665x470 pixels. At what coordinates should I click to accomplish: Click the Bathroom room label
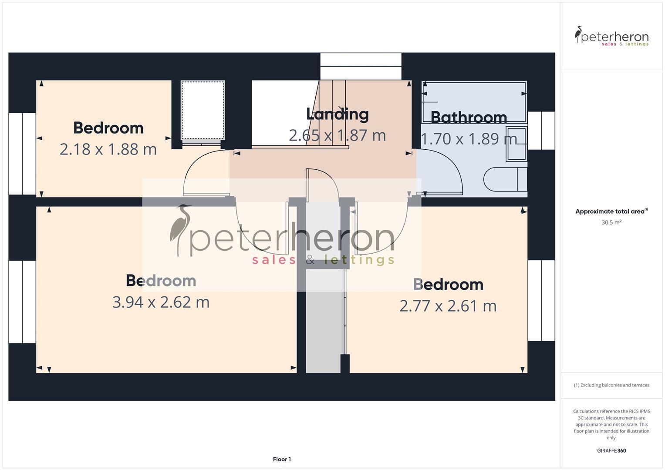pos(469,117)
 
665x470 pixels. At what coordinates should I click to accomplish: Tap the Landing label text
pos(338,114)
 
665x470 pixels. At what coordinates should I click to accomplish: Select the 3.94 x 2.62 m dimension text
pos(161,302)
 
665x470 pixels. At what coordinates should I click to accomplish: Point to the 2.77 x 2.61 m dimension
pos(448,306)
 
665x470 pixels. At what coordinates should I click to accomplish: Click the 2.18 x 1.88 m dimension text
pos(108,149)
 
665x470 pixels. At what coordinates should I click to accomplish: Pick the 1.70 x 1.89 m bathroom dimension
pos(469,139)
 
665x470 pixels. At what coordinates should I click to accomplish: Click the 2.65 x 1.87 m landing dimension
pos(338,135)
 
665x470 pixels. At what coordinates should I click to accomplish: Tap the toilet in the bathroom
pos(505,179)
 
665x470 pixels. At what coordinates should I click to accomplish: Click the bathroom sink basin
pos(516,144)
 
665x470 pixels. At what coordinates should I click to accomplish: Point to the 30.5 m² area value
pos(611,222)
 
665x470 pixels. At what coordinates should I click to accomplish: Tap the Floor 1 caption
pos(282,459)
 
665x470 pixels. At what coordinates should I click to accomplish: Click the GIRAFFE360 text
pos(611,451)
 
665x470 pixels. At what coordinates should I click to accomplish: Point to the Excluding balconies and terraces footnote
pos(611,385)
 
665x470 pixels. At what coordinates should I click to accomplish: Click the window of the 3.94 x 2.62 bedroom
pos(22,302)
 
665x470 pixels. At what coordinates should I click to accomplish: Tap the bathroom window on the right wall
pos(541,131)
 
